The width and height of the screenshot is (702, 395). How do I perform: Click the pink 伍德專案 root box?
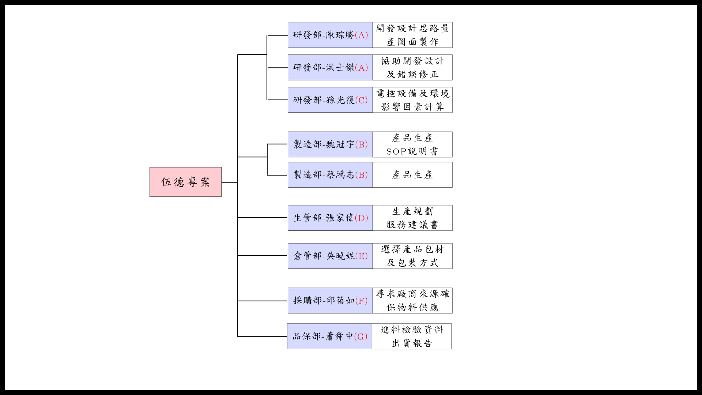(185, 182)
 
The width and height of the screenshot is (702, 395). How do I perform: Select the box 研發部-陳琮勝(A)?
(330, 35)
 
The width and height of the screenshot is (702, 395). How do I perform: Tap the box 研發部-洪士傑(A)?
(330, 68)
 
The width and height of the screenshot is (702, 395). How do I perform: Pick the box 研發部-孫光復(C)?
(330, 100)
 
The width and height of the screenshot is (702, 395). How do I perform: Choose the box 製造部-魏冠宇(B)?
(330, 144)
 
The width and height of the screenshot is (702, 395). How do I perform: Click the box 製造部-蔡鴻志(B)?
(330, 175)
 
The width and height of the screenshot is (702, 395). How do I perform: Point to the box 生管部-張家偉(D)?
(330, 218)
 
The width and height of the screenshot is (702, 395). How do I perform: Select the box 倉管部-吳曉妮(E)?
(330, 256)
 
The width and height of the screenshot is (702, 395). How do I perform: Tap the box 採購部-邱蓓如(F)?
(330, 301)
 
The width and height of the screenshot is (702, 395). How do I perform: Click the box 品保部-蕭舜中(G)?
(329, 336)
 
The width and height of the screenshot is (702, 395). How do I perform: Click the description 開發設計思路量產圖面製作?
(412, 35)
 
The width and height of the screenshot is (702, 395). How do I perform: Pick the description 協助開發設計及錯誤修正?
(412, 68)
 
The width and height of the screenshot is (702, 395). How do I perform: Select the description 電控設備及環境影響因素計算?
(412, 100)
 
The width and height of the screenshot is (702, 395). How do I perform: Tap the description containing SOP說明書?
(412, 144)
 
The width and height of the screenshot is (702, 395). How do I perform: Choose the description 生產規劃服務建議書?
(412, 218)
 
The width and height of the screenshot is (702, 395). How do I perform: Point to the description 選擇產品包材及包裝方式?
(412, 256)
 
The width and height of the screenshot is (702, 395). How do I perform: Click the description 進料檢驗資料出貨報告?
(412, 336)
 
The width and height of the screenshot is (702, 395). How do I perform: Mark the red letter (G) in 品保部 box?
(361, 336)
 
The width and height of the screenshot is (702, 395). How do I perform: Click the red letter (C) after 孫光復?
(361, 100)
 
